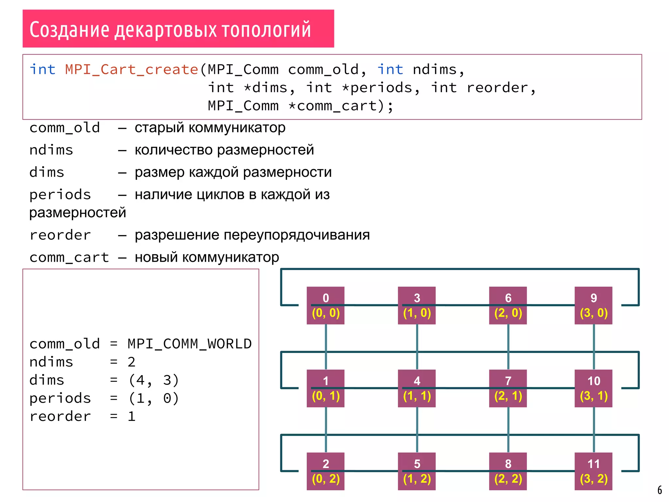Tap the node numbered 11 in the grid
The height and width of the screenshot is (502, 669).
593,471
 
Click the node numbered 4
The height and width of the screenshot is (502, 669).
416,388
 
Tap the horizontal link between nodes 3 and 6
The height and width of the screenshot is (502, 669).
462,305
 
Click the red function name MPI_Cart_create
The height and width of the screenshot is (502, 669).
132,70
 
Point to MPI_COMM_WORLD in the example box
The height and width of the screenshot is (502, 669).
189,344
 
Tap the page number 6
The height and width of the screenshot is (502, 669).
660,490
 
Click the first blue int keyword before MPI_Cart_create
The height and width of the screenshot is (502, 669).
42,70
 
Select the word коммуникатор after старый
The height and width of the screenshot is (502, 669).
237,128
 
